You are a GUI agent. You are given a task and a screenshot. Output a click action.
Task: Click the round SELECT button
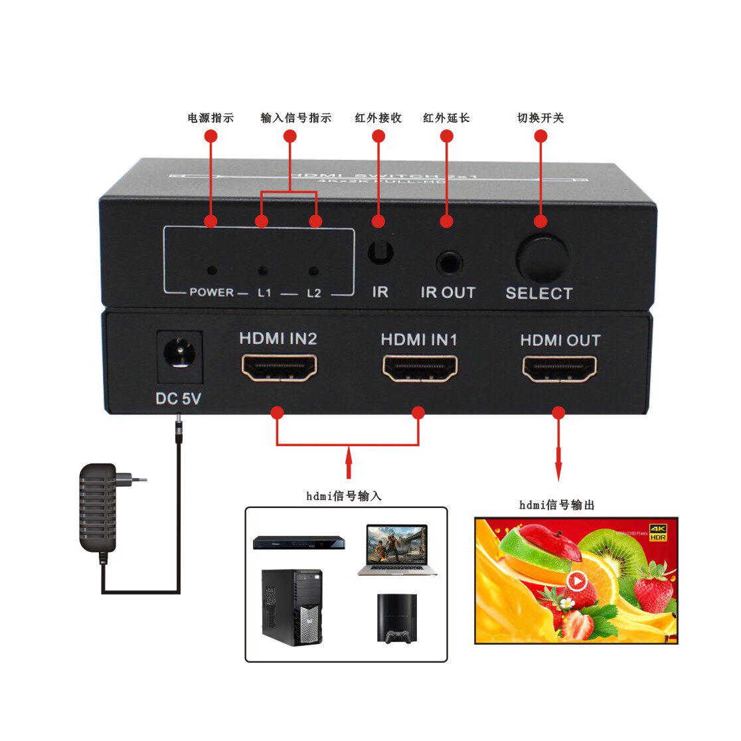[x=542, y=258]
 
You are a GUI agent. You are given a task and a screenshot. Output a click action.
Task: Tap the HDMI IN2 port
[x=279, y=367]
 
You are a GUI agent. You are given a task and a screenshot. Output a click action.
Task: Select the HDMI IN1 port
[x=420, y=368]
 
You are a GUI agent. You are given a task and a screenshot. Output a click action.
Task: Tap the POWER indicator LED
[x=212, y=270]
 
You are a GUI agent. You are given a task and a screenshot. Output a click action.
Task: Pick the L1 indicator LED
[x=263, y=271]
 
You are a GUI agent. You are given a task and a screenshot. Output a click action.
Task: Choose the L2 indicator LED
[x=313, y=271]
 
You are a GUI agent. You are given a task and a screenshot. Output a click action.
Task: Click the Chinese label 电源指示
[x=210, y=118]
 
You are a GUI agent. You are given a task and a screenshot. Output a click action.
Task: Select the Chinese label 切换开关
[x=540, y=118]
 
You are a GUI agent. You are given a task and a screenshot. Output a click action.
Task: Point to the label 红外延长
[x=446, y=118]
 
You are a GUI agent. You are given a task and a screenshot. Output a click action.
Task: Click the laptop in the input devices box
[x=396, y=550]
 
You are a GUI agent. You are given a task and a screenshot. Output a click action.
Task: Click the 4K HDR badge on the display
[x=657, y=531]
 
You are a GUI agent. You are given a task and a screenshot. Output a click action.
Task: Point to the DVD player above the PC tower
[x=299, y=542]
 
